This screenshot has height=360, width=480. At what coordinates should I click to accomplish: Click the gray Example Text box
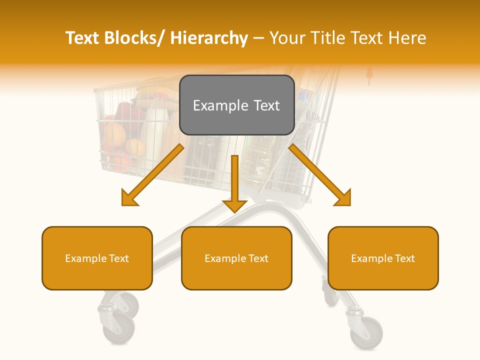coord(236,105)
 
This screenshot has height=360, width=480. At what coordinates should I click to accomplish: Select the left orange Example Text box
coord(97,258)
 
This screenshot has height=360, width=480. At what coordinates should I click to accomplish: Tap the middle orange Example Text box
coord(236,258)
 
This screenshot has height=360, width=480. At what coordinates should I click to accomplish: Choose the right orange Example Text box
coord(383,258)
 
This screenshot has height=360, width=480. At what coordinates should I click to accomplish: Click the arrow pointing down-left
coord(150,176)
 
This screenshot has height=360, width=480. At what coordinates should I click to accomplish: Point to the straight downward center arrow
coord(234,185)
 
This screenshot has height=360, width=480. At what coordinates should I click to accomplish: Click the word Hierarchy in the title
coord(209,38)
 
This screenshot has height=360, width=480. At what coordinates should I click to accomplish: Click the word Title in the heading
coord(328,38)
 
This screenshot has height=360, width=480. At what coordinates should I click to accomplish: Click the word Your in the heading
coord(286,38)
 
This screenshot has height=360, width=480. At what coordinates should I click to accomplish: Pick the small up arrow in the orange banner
coord(369,75)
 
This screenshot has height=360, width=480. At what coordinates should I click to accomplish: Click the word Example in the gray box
coord(213,105)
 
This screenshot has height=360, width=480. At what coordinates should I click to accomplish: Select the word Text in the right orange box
coord(404,258)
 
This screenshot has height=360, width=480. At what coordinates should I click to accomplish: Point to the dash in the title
coord(258,38)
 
